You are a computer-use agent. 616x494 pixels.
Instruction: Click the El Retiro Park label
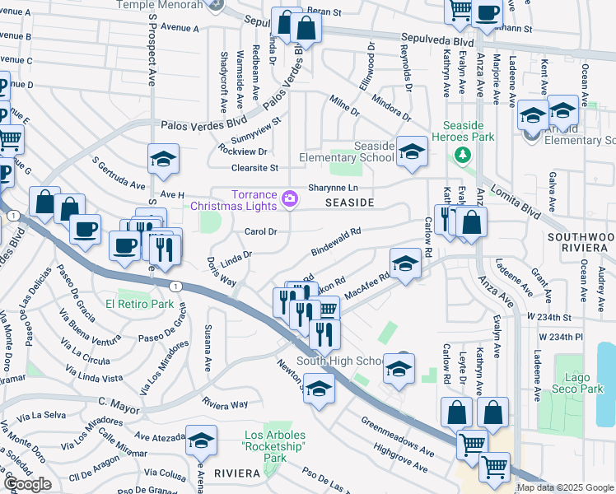point(139,304)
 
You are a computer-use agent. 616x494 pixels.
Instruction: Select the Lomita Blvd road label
point(525,199)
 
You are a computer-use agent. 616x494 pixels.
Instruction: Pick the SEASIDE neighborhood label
point(349,202)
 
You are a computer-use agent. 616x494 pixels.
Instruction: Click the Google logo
point(27,484)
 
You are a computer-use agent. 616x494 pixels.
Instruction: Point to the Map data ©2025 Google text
point(565,487)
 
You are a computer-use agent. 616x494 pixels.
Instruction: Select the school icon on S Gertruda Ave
point(163,159)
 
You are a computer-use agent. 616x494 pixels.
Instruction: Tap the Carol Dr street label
point(260,231)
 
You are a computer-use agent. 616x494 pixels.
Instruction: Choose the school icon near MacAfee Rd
point(404,263)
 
